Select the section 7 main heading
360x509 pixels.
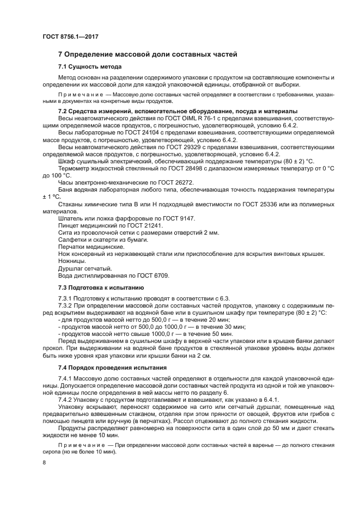coord(147,54)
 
